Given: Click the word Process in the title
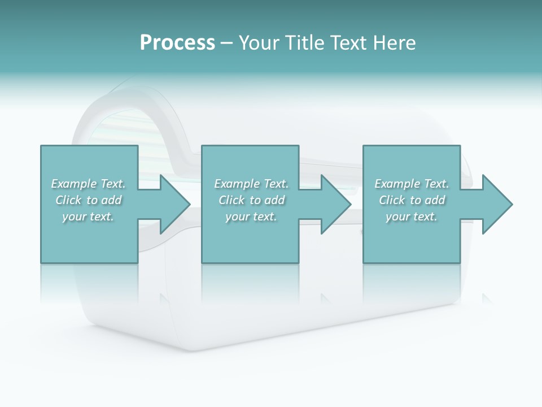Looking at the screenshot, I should [177, 43].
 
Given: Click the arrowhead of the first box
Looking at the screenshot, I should [172, 204].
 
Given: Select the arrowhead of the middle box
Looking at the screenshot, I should [333, 204].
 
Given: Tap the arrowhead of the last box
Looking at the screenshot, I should [494, 204].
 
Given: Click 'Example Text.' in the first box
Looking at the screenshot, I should [88, 184].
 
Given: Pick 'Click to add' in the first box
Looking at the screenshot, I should [88, 200].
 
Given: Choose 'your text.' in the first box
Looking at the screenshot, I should [88, 217].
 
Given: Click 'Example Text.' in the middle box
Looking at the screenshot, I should [251, 184].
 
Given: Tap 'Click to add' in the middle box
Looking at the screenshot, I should [251, 200].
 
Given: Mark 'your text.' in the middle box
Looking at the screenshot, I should [251, 217].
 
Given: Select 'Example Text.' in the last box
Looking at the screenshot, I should [412, 184].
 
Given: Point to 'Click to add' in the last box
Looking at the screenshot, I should [412, 200].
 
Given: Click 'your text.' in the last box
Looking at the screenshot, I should [412, 217].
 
